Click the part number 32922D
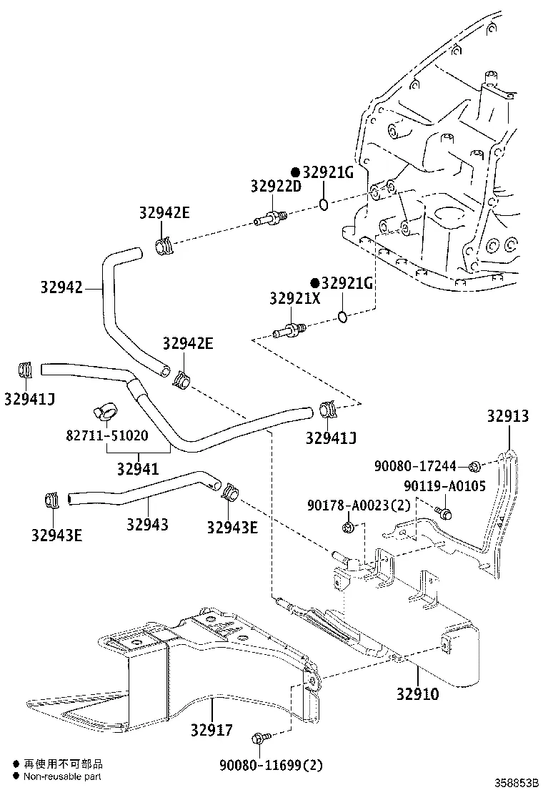pyautogui.click(x=276, y=185)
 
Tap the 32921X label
pyautogui.click(x=294, y=298)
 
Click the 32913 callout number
pyautogui.click(x=508, y=416)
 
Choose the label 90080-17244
pyautogui.click(x=414, y=466)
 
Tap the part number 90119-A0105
pyautogui.click(x=444, y=486)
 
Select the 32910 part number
pyautogui.click(x=418, y=693)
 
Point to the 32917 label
pyautogui.click(x=211, y=730)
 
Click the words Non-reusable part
pyautogui.click(x=63, y=776)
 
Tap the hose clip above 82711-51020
pyautogui.click(x=104, y=412)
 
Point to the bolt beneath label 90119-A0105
pyautogui.click(x=444, y=511)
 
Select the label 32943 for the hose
pyautogui.click(x=147, y=524)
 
